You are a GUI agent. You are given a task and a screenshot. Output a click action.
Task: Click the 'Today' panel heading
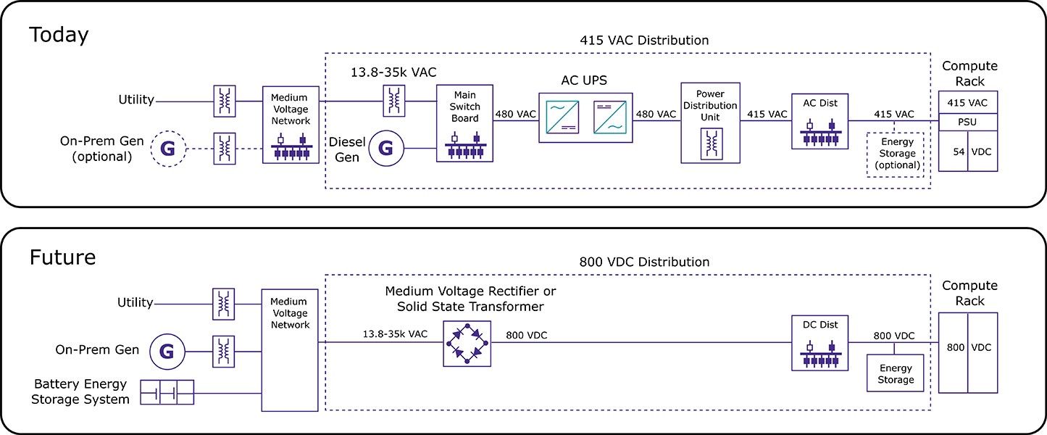point(59,35)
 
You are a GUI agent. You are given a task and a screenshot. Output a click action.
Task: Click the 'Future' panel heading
point(62,257)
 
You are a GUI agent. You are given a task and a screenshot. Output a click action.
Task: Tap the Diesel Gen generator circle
point(385,149)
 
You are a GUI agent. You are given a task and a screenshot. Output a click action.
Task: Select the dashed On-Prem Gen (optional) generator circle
point(167,149)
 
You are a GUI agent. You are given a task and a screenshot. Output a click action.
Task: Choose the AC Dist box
point(819,121)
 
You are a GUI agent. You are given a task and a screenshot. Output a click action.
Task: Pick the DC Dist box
point(820,343)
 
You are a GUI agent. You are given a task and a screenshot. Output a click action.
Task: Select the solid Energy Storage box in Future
point(896,373)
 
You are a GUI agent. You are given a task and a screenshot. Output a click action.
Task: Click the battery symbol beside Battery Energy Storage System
point(167,392)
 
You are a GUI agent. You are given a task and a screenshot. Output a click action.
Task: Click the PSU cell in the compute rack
point(968,121)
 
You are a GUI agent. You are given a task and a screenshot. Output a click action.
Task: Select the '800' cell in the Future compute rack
point(954,347)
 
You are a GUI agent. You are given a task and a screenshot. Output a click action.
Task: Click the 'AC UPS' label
point(584,80)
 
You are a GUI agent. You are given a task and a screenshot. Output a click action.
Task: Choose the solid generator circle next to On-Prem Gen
point(167,352)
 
